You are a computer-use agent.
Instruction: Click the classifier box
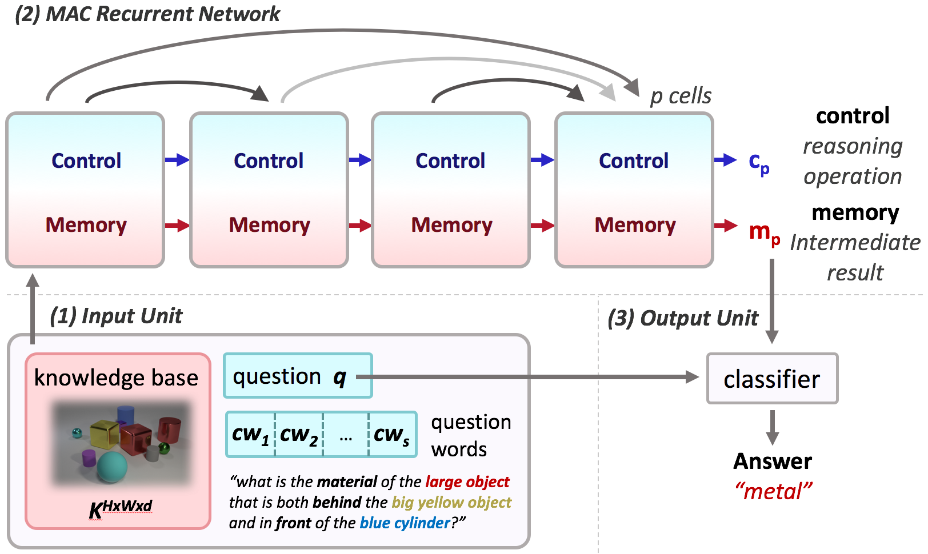pyautogui.click(x=772, y=379)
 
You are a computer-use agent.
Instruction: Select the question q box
pyautogui.click(x=298, y=376)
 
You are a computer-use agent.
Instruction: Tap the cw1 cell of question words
pyautogui.click(x=251, y=434)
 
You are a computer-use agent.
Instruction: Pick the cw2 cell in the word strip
pyautogui.click(x=299, y=434)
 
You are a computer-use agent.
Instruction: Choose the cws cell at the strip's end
pyautogui.click(x=393, y=434)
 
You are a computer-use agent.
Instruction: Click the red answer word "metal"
pyautogui.click(x=773, y=492)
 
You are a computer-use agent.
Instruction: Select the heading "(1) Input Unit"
pyautogui.click(x=116, y=316)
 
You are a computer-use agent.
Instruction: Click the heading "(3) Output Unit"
pyautogui.click(x=683, y=318)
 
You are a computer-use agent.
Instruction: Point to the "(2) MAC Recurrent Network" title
pyautogui.click(x=147, y=14)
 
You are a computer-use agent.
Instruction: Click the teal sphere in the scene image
pyautogui.click(x=112, y=467)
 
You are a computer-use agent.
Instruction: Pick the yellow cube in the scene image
pyautogui.click(x=105, y=434)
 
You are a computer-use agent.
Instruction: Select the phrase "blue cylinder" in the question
pyautogui.click(x=405, y=523)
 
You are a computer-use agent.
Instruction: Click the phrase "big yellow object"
pyautogui.click(x=451, y=502)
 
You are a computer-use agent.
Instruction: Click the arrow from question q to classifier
pyautogui.click(x=527, y=377)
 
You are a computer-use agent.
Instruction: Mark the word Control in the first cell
pyautogui.click(x=86, y=160)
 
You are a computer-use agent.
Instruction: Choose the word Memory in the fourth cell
pyautogui.click(x=635, y=226)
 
